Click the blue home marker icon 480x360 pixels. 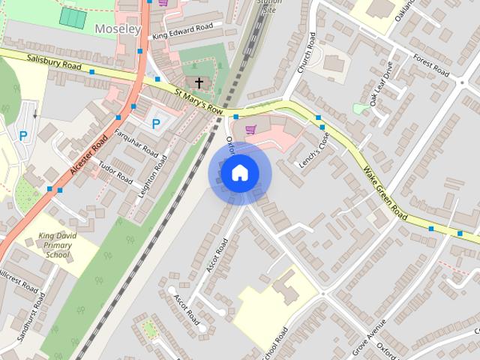click(239, 173)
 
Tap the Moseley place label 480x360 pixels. click(118, 29)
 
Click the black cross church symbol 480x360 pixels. click(199, 82)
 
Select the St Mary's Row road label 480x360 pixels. click(199, 101)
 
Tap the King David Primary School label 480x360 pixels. click(58, 245)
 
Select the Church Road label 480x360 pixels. click(306, 55)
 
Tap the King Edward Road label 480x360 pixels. click(182, 31)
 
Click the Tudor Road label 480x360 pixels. click(115, 174)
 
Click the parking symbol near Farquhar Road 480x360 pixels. click(156, 124)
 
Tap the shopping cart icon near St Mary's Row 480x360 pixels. click(250, 129)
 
